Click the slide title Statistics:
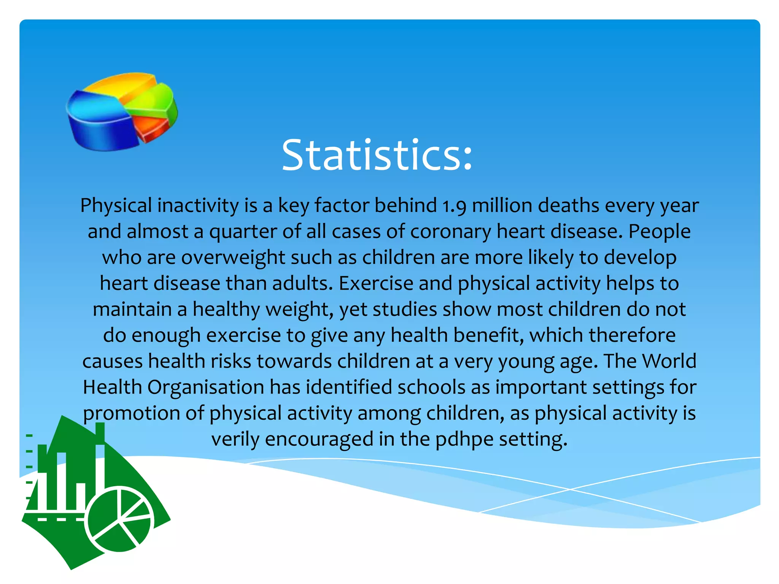(x=377, y=155)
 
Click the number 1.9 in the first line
(x=455, y=206)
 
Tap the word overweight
(x=233, y=258)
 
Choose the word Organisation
(x=206, y=387)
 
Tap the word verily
(x=235, y=440)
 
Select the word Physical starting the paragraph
(x=116, y=206)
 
